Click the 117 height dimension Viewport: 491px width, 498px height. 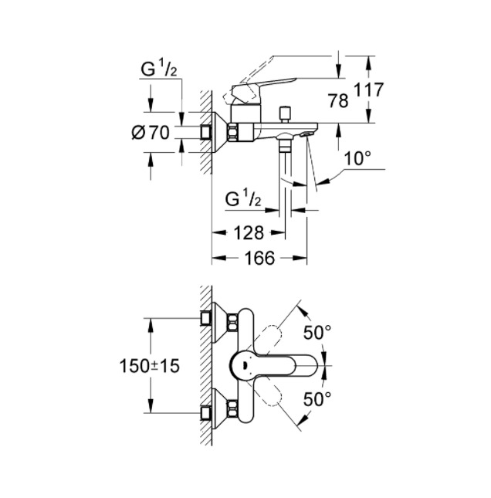tap(368, 90)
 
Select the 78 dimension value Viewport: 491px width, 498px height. tap(338, 101)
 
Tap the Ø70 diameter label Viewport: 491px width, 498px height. tap(151, 133)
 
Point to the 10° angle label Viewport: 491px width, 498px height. tap(357, 158)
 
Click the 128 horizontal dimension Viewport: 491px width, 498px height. tap(249, 233)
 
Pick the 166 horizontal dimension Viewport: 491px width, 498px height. tap(259, 258)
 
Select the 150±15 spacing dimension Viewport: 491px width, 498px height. tap(149, 366)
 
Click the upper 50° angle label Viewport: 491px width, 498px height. tap(317, 333)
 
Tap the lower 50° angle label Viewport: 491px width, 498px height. tap(317, 399)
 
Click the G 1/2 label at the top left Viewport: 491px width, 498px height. tap(158, 69)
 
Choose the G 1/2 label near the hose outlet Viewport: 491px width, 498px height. tap(243, 198)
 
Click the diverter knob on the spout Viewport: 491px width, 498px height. tap(284, 114)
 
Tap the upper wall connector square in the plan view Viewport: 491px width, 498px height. tap(206, 318)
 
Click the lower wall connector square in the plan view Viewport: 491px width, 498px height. tap(206, 413)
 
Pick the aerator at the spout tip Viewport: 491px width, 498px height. tap(306, 134)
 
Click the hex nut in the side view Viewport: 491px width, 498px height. tap(232, 132)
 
